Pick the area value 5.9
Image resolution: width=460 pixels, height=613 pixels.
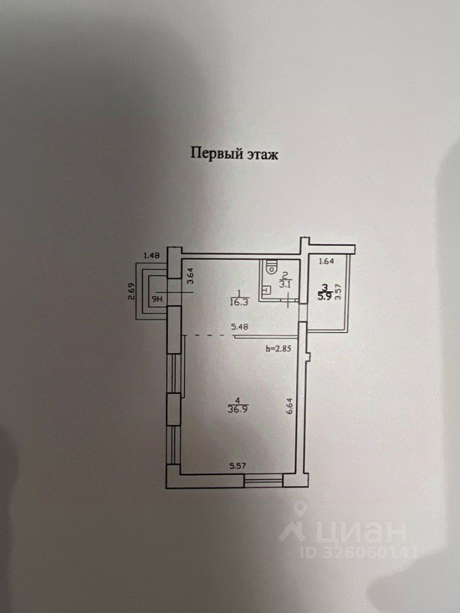325,296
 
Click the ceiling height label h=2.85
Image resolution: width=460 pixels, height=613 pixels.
279,349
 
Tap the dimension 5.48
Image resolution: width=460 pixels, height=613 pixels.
240,327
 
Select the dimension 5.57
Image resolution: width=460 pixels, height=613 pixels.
238,467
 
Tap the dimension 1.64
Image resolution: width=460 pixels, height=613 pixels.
326,261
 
